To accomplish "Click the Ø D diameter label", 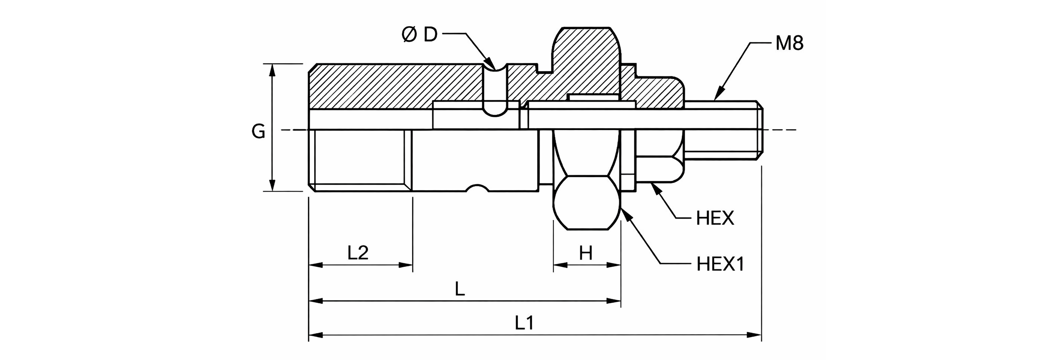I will pos(419,35).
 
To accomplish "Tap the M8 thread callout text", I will pos(789,43).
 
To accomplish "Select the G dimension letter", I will pos(258,131).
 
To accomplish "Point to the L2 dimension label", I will pos(358,253).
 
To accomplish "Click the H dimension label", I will pos(586,253).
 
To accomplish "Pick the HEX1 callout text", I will pos(721,264).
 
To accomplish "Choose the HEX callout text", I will pos(715,218).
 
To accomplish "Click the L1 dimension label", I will pos(525,323).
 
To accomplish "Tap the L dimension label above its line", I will pos(460,289).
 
